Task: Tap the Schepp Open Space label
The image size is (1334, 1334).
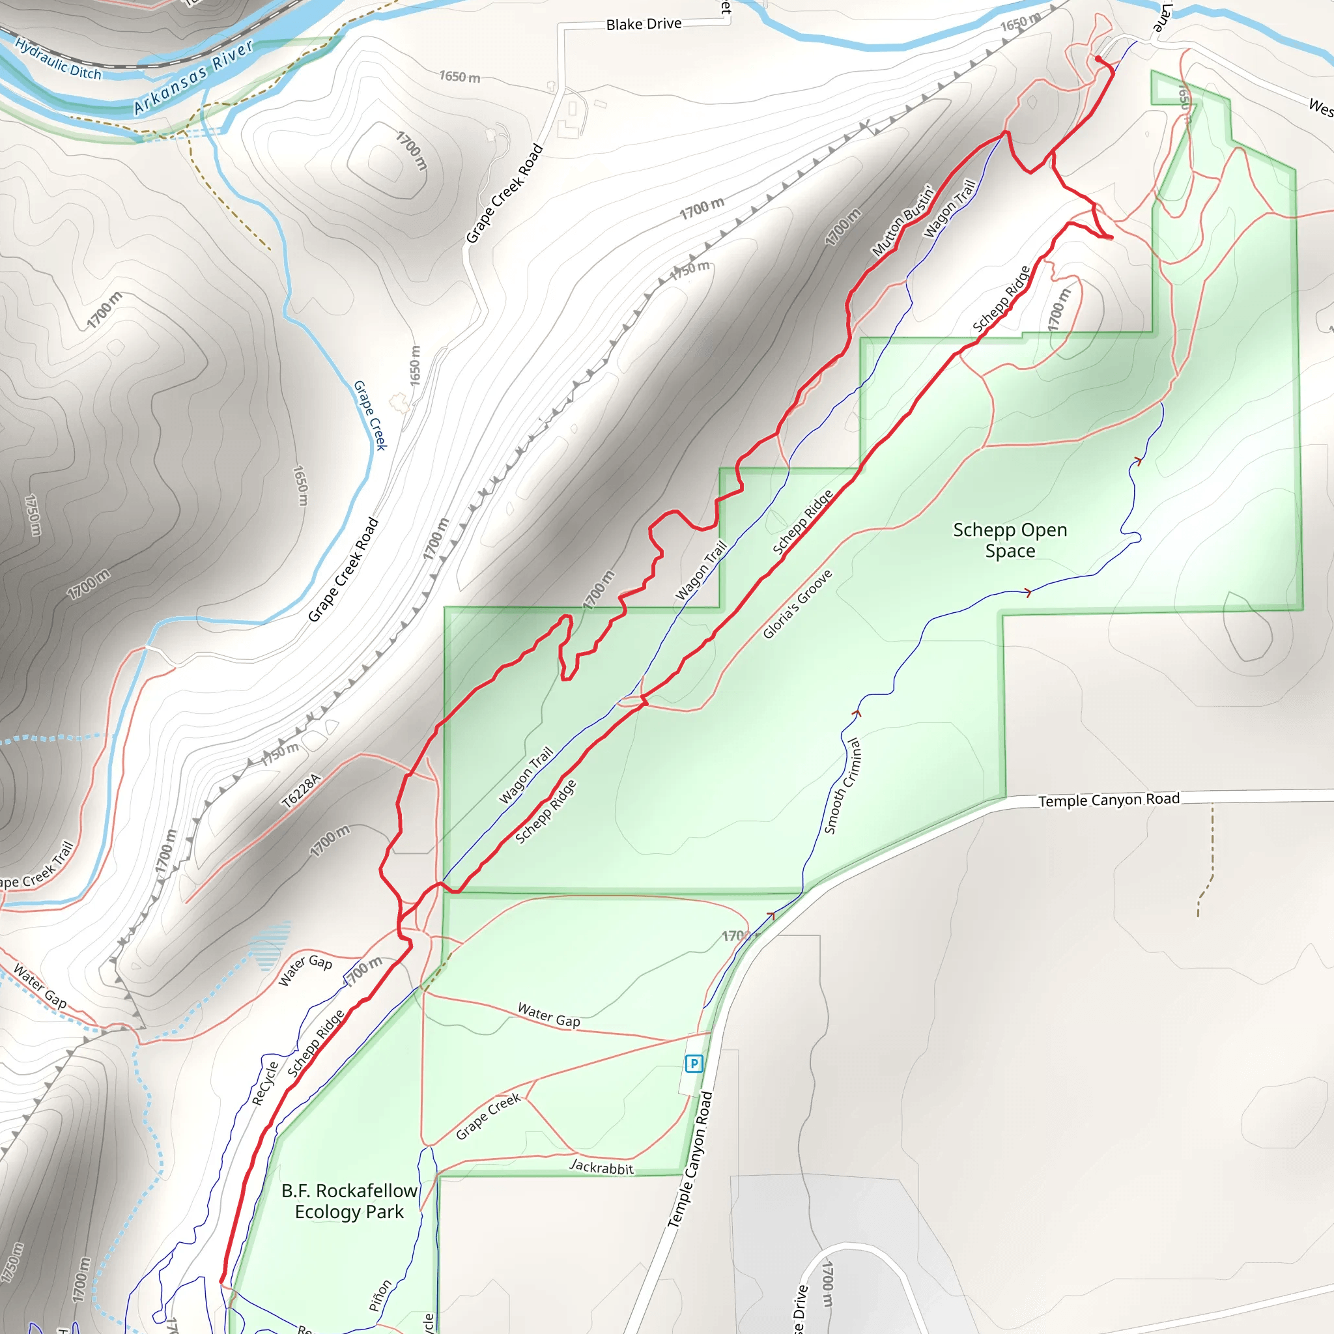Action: pyautogui.click(x=1010, y=540)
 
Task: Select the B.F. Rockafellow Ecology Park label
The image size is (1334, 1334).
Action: pyautogui.click(x=349, y=1200)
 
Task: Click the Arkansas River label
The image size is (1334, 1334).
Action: pyautogui.click(x=193, y=77)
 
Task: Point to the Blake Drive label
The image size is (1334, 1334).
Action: pyautogui.click(x=644, y=24)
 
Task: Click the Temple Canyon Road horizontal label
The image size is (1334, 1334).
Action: pyautogui.click(x=1109, y=800)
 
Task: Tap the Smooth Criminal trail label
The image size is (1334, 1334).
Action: pyautogui.click(x=842, y=785)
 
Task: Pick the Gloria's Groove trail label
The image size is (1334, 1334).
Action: pyautogui.click(x=797, y=604)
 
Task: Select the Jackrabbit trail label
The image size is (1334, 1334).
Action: pyautogui.click(x=601, y=1167)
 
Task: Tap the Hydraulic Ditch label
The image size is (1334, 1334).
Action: pyautogui.click(x=58, y=59)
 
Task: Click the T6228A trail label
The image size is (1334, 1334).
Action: pyautogui.click(x=302, y=791)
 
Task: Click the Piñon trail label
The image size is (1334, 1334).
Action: pyautogui.click(x=380, y=1296)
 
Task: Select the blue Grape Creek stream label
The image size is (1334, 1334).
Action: pyautogui.click(x=370, y=415)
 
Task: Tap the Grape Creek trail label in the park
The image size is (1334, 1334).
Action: pyautogui.click(x=488, y=1116)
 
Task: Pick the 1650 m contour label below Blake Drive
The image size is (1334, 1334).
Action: pyautogui.click(x=460, y=77)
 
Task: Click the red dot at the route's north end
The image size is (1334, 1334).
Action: pyautogui.click(x=1098, y=59)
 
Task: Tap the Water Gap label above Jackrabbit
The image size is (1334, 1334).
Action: pyautogui.click(x=549, y=1015)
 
